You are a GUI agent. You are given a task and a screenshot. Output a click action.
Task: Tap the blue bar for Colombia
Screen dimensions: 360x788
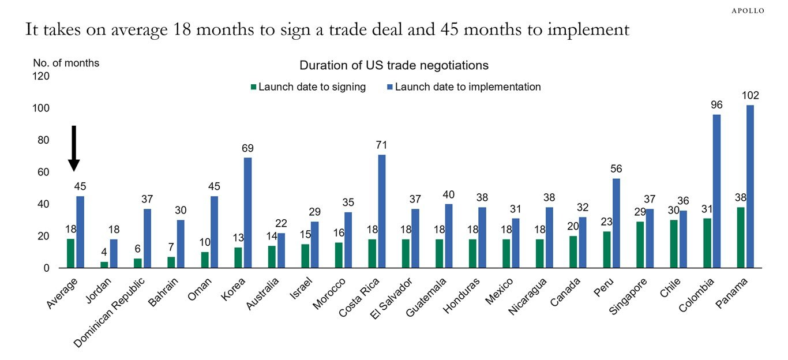[x=716, y=191]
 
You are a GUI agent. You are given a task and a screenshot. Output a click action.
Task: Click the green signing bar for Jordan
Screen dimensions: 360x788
[x=104, y=265]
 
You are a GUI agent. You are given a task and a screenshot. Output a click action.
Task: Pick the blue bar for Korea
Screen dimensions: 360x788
[x=247, y=213]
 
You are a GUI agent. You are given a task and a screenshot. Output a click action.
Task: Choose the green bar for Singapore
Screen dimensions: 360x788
[x=640, y=245]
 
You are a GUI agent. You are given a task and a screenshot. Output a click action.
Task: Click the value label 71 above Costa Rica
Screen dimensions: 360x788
[x=381, y=145]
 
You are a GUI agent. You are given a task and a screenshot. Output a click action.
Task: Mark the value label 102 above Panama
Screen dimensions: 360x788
[x=750, y=95]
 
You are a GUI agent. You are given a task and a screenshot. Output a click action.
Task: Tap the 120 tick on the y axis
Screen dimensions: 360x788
[x=43, y=76]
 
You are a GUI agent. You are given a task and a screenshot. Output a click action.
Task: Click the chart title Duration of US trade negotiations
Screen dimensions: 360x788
[x=394, y=65]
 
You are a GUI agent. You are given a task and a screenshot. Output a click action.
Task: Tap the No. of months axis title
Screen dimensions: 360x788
[x=66, y=63]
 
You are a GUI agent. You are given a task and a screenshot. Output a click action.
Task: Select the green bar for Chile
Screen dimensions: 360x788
[x=674, y=244]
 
